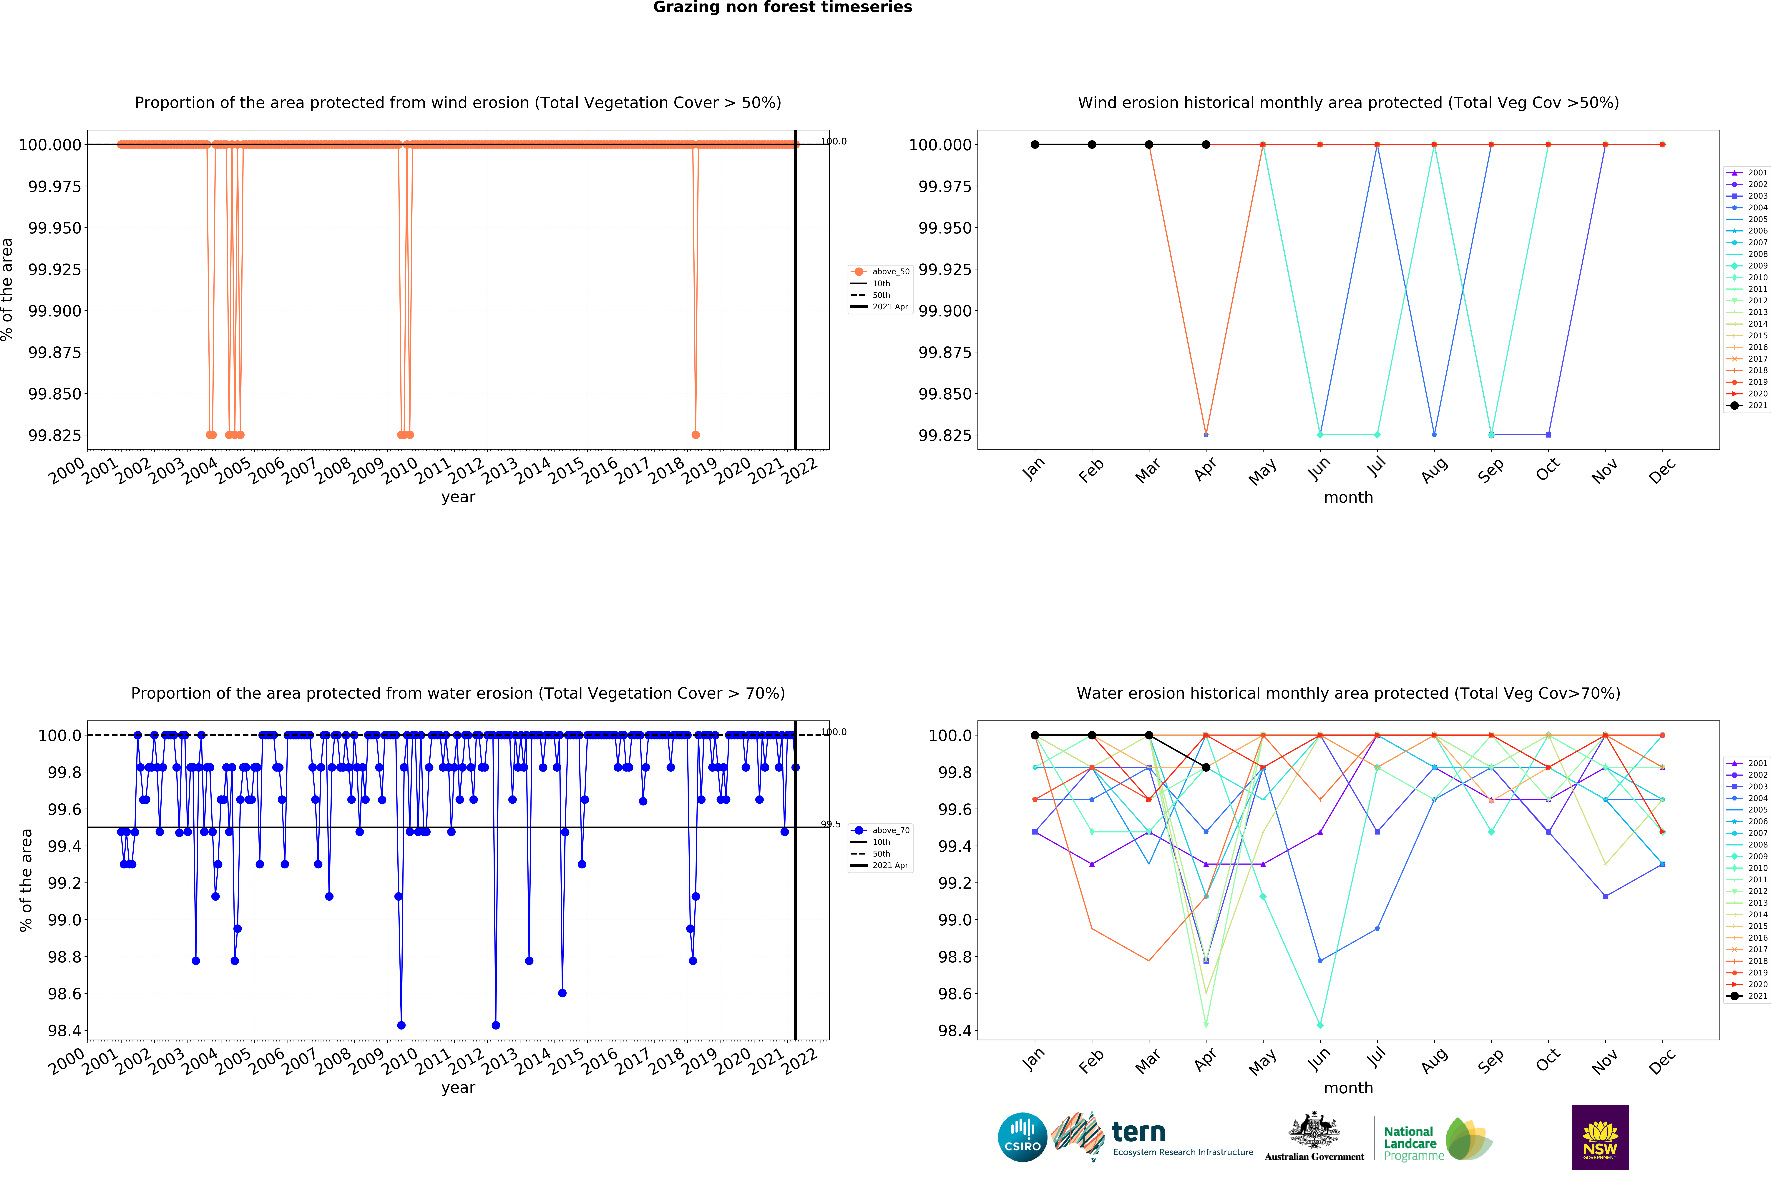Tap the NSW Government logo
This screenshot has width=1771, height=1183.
1600,1137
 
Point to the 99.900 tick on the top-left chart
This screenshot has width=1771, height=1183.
54,311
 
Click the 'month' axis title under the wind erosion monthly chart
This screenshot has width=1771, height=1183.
1348,497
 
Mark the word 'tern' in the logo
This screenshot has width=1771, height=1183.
1138,1132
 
